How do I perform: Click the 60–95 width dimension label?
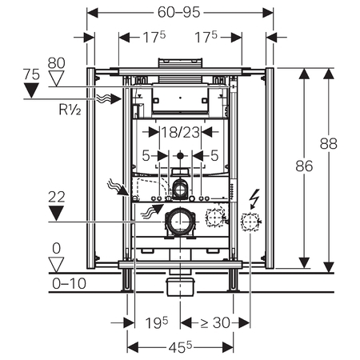pyautogui.click(x=178, y=12)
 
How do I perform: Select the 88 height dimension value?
pyautogui.click(x=329, y=143)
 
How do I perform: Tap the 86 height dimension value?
pyautogui.click(x=304, y=166)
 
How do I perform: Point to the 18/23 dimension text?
pyautogui.click(x=181, y=132)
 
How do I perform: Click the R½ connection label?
pyautogui.click(x=70, y=110)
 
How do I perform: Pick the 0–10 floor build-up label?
pyautogui.click(x=69, y=283)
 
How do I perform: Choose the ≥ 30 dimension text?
pyautogui.click(x=215, y=323)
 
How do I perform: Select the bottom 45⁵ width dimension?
pyautogui.click(x=180, y=347)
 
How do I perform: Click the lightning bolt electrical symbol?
pyautogui.click(x=254, y=199)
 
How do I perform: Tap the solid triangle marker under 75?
pyautogui.click(x=31, y=90)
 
